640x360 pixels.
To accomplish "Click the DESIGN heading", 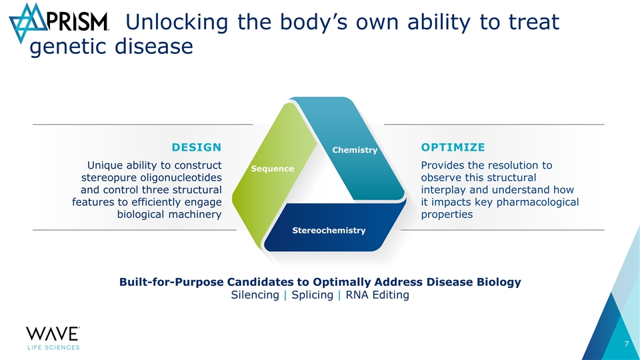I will tap(197, 147).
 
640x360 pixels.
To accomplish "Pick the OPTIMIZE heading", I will tap(453, 147).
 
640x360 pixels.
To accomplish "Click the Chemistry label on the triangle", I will tap(355, 150).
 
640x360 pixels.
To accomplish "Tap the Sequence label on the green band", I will tap(272, 168).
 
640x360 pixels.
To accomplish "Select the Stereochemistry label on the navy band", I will tap(329, 230).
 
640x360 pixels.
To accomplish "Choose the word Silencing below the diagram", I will tap(255, 295).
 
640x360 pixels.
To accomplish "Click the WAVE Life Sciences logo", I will tap(53, 337).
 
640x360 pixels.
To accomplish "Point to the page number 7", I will tap(627, 344).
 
